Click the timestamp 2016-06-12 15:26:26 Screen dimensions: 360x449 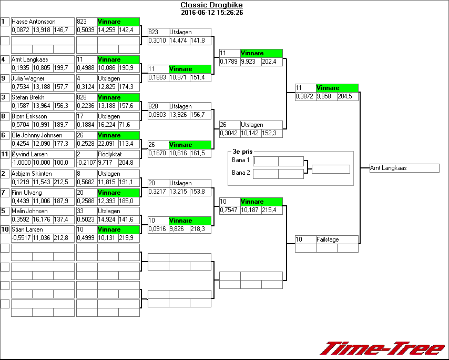click(212, 12)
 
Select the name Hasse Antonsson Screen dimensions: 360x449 click(34, 22)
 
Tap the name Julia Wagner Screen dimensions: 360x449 click(28, 78)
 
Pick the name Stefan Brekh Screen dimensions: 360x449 click(28, 97)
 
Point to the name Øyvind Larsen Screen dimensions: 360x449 click(29, 154)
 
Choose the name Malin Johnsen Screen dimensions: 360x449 click(29, 211)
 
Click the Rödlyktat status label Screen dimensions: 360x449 click(110, 154)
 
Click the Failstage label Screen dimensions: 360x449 click(328, 239)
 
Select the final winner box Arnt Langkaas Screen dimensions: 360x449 click(404, 168)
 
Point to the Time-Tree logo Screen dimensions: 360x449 click(383, 348)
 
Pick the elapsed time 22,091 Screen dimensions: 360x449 click(107, 144)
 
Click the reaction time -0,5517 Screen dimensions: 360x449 click(21, 238)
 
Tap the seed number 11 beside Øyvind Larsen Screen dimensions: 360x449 click(5, 154)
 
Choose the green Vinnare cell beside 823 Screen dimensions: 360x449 click(118, 22)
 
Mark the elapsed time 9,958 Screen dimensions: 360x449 click(326, 97)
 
